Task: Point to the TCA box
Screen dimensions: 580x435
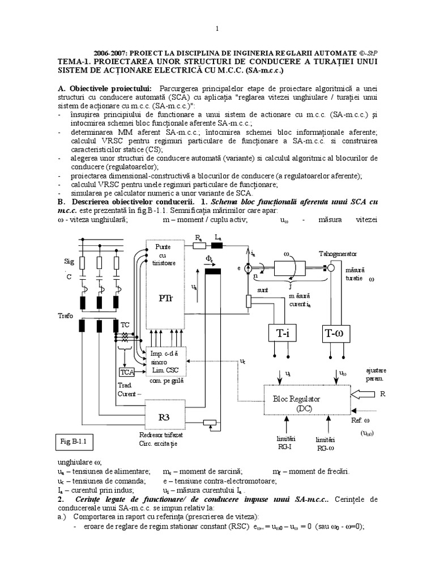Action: tap(126, 372)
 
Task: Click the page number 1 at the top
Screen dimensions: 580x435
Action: tap(217, 29)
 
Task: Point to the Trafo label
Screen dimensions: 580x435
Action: tap(65, 315)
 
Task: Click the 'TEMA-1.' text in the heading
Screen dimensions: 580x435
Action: tap(75, 61)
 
